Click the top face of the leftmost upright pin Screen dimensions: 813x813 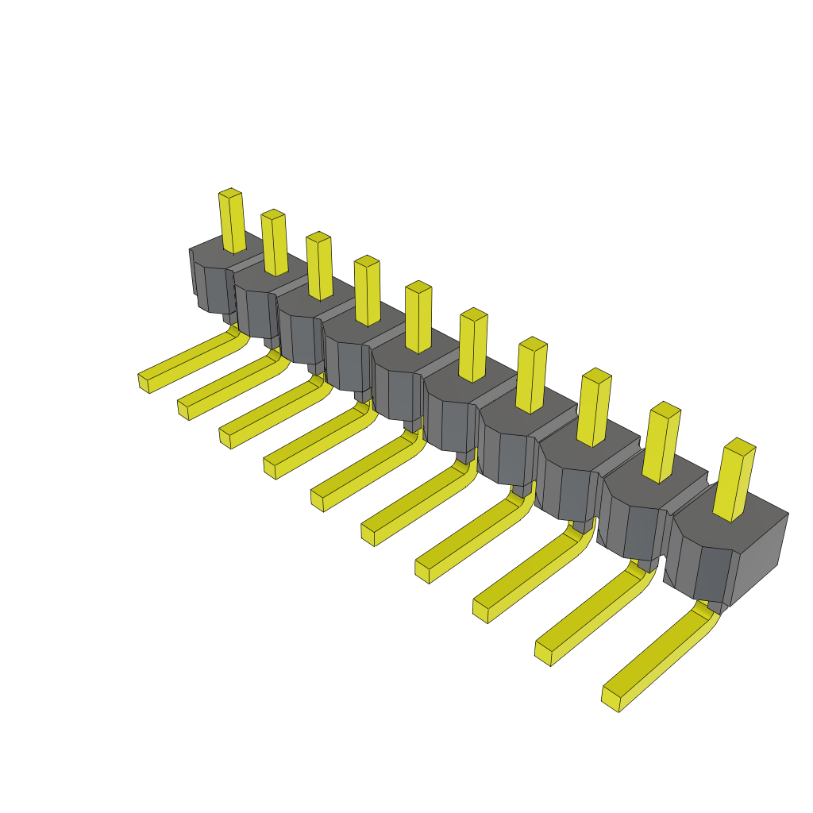(230, 193)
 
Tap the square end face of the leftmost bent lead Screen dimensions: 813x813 (144, 383)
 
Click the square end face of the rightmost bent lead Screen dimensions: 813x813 (611, 699)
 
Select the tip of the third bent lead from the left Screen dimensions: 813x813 (225, 437)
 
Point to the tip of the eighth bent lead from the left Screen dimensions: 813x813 (481, 610)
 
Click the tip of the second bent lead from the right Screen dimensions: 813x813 (543, 653)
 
